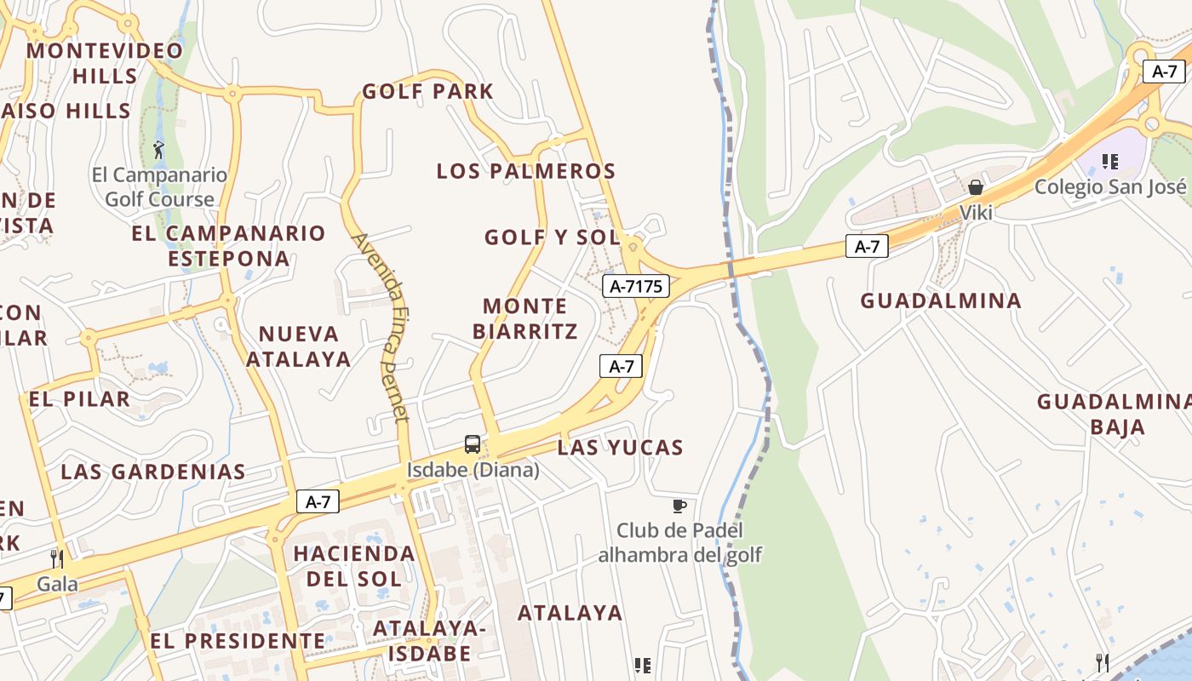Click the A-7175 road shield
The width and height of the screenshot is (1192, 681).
(x=636, y=286)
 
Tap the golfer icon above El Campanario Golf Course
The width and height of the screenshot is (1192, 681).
(x=158, y=151)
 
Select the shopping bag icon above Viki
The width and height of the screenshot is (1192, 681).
(x=976, y=187)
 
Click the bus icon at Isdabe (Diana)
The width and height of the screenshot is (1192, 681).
(x=472, y=444)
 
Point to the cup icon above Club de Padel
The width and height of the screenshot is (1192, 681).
(x=679, y=506)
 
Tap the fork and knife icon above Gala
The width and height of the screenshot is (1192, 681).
(x=57, y=558)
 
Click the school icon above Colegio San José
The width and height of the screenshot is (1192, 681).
(x=1109, y=161)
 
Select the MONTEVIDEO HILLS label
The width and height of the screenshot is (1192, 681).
(x=105, y=63)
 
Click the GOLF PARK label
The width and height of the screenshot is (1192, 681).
(x=427, y=91)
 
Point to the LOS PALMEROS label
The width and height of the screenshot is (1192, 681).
(x=525, y=171)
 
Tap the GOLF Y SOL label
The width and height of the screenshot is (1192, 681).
(x=553, y=237)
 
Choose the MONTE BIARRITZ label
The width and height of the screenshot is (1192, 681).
(x=525, y=318)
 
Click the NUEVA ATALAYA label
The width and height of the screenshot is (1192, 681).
(x=299, y=346)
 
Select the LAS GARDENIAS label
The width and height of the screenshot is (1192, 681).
(x=153, y=472)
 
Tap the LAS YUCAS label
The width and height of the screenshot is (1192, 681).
(x=621, y=448)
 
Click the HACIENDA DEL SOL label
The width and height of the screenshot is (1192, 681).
(x=353, y=566)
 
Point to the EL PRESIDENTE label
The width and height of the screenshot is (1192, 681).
(x=238, y=641)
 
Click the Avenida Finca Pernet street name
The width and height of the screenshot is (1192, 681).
(x=382, y=327)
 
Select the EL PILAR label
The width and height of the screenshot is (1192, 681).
(x=79, y=399)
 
